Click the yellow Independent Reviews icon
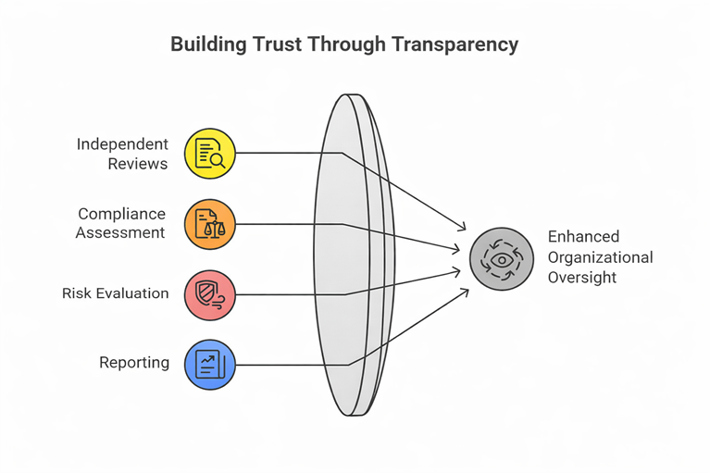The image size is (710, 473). coord(210,154)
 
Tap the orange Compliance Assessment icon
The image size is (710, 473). coord(210,224)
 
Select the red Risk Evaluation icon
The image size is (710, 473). coord(210,294)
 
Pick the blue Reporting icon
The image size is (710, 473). coord(210,365)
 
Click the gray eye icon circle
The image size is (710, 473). coord(501,260)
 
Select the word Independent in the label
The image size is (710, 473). coord(122,144)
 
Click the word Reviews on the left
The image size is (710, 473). coord(138,164)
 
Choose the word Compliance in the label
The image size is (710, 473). coord(121,214)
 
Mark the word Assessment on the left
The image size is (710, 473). coord(120,232)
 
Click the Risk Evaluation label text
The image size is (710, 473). coord(116,293)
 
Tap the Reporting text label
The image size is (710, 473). coord(134,363)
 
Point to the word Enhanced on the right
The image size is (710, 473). coord(583,237)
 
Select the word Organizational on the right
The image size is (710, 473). coord(600,257)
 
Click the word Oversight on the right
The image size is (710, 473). coord(581,278)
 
